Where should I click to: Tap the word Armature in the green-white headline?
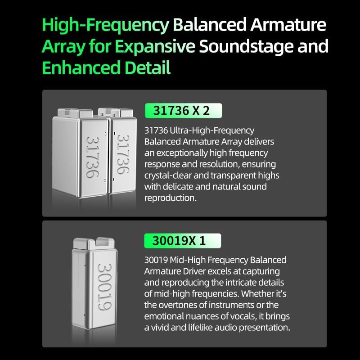pyautogui.click(x=288, y=25)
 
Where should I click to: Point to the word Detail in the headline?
pyautogui.click(x=148, y=67)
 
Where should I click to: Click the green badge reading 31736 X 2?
pyautogui.click(x=183, y=111)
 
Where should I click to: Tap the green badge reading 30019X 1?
pyautogui.click(x=183, y=241)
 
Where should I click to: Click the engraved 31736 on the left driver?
pyautogui.click(x=93, y=157)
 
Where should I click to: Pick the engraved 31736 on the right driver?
pyautogui.click(x=123, y=154)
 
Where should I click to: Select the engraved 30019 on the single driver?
pyautogui.click(x=105, y=287)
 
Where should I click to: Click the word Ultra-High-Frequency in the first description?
pyautogui.click(x=212, y=130)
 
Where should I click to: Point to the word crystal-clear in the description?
pyautogui.click(x=168, y=175)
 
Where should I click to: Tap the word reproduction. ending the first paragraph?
pyautogui.click(x=171, y=198)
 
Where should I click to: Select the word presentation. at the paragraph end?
pyautogui.click(x=265, y=328)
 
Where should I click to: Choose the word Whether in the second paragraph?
pyautogui.click(x=262, y=294)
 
